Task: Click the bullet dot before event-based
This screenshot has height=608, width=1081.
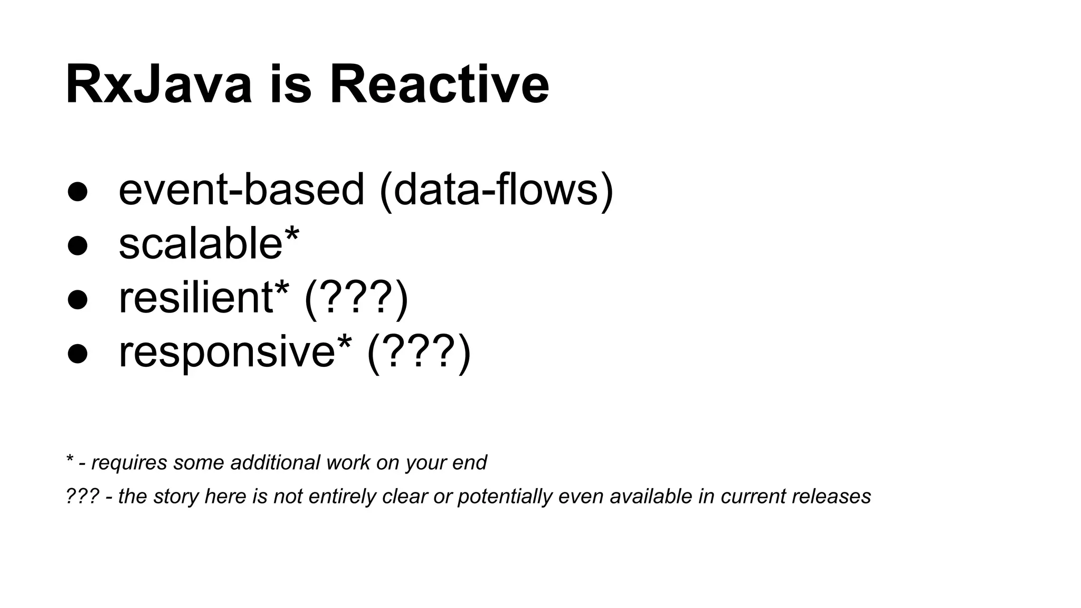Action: [78, 192]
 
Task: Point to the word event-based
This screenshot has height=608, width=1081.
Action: [241, 190]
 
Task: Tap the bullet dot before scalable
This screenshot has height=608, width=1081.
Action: [78, 246]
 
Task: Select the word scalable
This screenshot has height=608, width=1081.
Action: [201, 244]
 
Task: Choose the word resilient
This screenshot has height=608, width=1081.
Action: [196, 298]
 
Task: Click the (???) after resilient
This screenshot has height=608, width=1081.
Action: [356, 299]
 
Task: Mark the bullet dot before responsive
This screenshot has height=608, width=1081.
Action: [78, 354]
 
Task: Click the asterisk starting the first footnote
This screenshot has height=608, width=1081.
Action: [69, 460]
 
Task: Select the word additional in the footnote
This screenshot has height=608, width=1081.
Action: [275, 462]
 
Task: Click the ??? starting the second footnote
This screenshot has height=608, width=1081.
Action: [82, 496]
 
